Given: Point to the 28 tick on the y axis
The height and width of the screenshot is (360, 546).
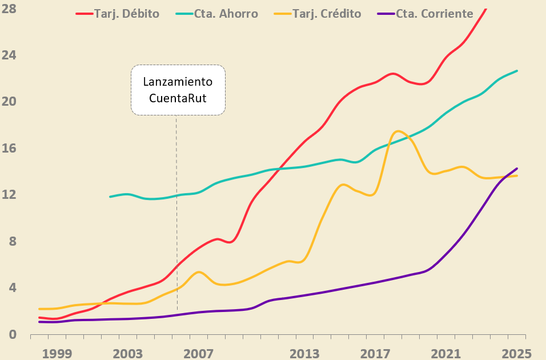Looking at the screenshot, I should pyautogui.click(x=10, y=9).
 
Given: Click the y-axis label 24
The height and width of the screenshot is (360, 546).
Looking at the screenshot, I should pyautogui.click(x=10, y=55).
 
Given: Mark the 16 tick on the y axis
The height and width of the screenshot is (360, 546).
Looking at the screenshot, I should pyautogui.click(x=10, y=149).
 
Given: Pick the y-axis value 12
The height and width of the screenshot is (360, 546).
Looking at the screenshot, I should pyautogui.click(x=10, y=195).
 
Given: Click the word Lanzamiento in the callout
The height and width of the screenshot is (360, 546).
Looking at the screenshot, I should pyautogui.click(x=178, y=82).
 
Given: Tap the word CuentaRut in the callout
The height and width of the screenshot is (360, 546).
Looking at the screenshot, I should pyautogui.click(x=178, y=97).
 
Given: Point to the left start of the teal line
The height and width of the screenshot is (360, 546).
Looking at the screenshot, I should pyautogui.click(x=110, y=197).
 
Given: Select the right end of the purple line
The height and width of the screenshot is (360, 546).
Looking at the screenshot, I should pyautogui.click(x=517, y=169).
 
